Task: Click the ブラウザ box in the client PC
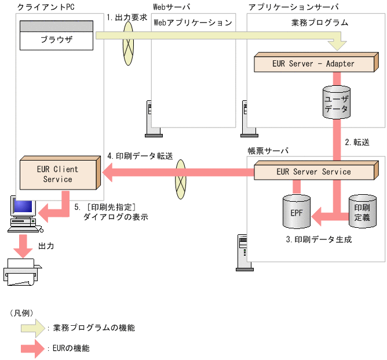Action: click(x=56, y=40)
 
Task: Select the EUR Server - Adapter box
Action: click(x=313, y=63)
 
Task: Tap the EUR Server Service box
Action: click(x=313, y=172)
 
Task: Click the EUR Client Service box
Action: click(x=57, y=174)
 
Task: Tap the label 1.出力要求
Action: click(x=126, y=17)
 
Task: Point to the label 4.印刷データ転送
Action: click(x=140, y=156)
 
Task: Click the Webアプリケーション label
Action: click(x=193, y=23)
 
